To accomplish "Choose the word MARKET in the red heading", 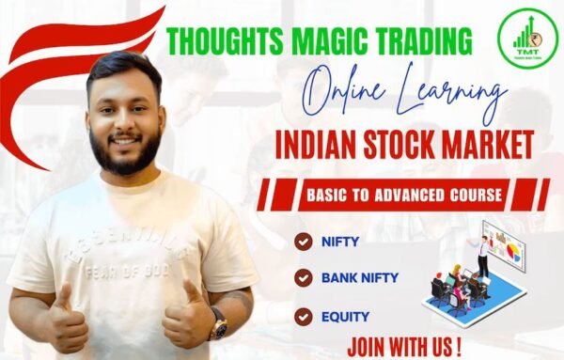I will [488, 146].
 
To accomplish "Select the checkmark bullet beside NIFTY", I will [303, 242].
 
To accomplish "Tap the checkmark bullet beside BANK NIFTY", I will [303, 277].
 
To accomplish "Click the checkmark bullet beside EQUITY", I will [303, 316].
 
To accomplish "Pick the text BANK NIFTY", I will [360, 277].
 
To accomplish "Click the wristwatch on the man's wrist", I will [219, 325].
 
